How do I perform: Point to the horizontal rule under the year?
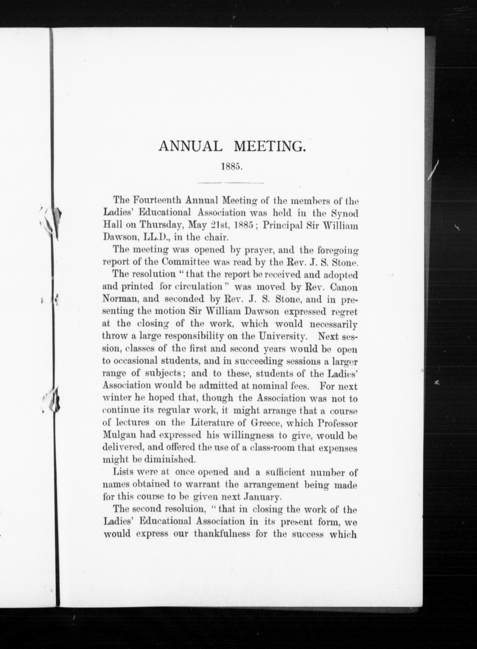coord(231,183)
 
